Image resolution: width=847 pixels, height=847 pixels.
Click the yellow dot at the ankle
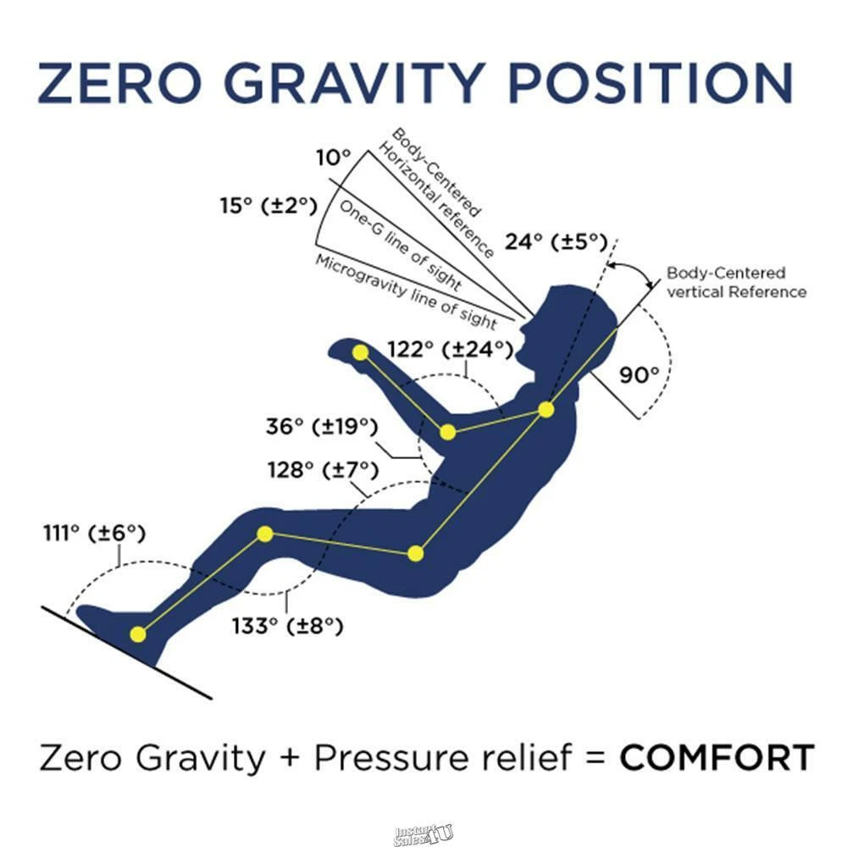[138, 634]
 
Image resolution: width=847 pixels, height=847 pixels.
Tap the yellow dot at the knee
[264, 534]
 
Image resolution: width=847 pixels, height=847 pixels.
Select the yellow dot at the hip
[415, 554]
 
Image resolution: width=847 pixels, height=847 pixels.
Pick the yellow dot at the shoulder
[546, 410]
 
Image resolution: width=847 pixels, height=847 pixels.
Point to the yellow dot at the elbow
[447, 432]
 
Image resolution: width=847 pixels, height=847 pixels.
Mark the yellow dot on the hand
[360, 352]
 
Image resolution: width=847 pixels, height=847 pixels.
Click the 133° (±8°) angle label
[287, 627]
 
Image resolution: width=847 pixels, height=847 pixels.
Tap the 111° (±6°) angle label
[95, 533]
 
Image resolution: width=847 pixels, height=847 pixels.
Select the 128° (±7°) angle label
[323, 470]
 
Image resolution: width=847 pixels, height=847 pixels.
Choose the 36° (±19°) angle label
[322, 426]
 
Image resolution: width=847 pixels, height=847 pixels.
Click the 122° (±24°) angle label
[451, 350]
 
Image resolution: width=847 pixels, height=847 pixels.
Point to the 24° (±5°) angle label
[556, 241]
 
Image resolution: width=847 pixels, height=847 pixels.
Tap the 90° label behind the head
[639, 374]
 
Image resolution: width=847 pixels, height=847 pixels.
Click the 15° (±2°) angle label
[268, 205]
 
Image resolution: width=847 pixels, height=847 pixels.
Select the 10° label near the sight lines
[333, 158]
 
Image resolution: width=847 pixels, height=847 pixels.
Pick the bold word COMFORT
[717, 757]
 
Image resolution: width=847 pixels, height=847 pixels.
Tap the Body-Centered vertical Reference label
[736, 282]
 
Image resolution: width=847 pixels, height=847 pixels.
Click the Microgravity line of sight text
[407, 291]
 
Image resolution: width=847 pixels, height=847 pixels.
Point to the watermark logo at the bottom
[424, 834]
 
